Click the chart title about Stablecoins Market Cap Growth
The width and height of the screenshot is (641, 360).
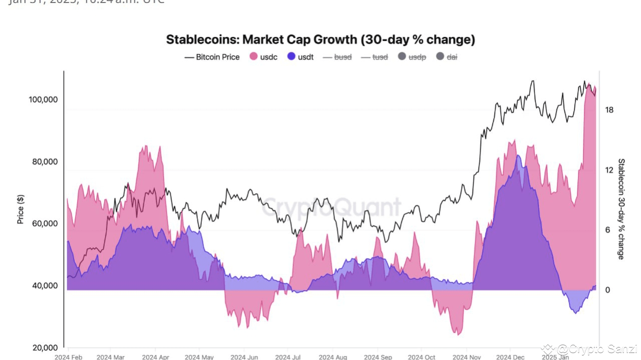(320, 40)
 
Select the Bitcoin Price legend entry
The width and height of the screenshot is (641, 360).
(212, 57)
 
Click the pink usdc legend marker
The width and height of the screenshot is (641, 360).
(253, 57)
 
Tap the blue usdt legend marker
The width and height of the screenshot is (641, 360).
(292, 57)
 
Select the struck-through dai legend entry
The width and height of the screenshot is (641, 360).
(447, 57)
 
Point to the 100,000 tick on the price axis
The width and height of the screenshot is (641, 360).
(44, 100)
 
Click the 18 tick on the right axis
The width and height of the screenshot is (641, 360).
(609, 110)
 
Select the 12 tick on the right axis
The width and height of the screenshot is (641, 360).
(609, 170)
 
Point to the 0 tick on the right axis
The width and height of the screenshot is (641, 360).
(607, 290)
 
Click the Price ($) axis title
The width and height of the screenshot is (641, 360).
(21, 209)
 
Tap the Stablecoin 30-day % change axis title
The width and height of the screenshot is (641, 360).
(621, 209)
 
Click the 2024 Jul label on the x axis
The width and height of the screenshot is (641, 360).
(288, 357)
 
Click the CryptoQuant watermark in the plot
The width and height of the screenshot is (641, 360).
(332, 207)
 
